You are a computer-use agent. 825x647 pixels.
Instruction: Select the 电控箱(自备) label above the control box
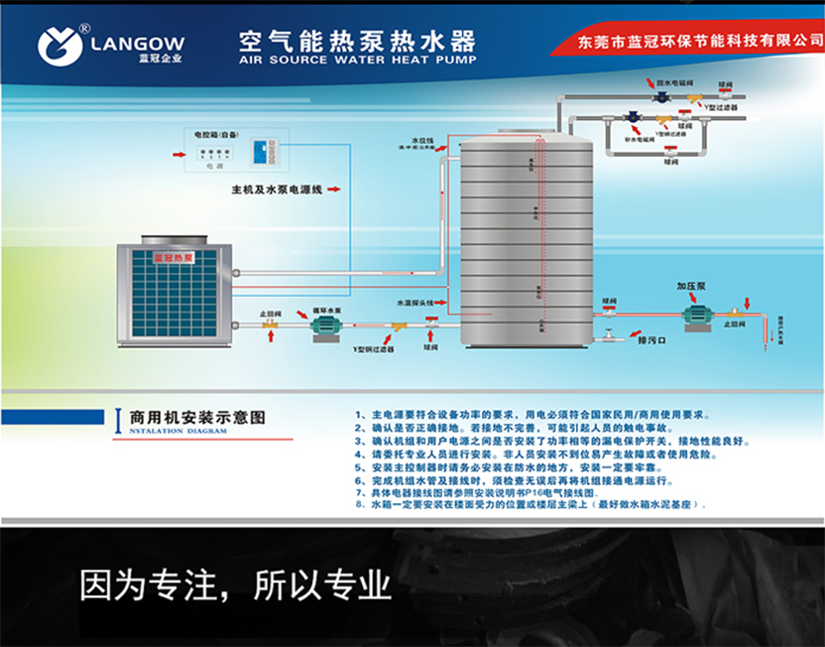[x=215, y=131]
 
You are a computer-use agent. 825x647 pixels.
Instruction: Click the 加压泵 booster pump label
[x=690, y=285]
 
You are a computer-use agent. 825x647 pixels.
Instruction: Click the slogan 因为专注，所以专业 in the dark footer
[x=235, y=585]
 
